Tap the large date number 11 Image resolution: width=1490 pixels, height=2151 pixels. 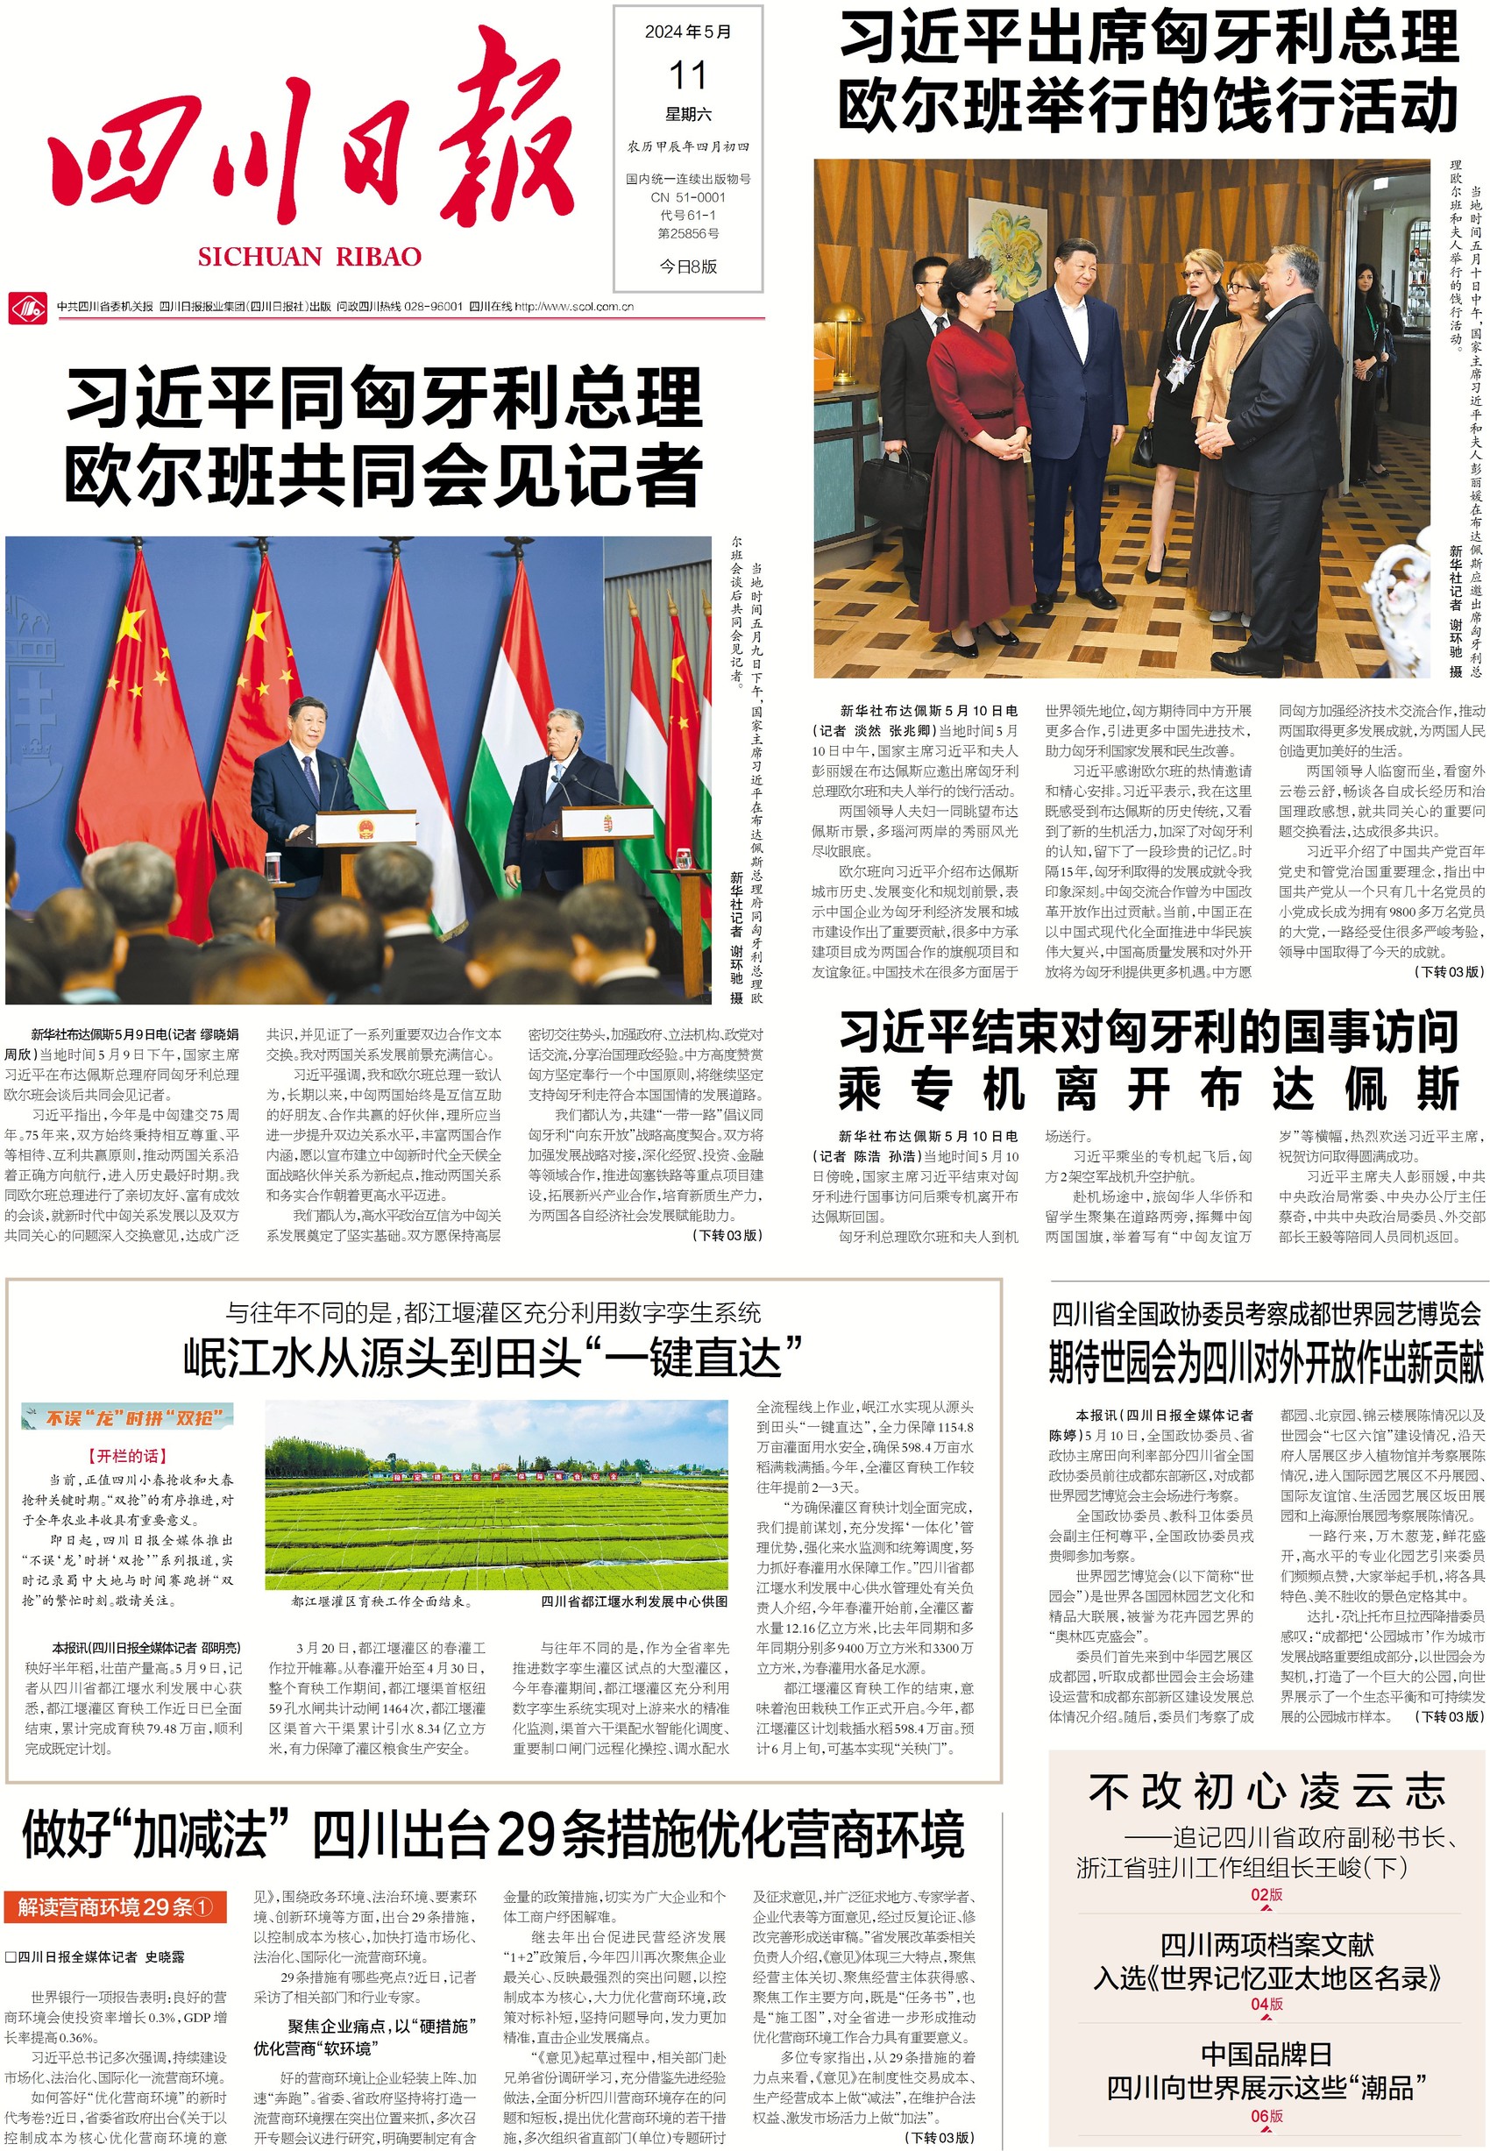click(687, 75)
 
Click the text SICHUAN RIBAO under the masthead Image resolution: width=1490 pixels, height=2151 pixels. click(309, 257)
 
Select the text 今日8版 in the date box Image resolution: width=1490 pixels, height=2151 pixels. click(688, 266)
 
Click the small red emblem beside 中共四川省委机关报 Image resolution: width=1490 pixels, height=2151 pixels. click(26, 306)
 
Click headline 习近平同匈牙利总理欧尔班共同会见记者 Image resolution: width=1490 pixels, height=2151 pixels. click(383, 437)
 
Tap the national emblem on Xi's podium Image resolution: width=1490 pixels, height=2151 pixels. click(365, 829)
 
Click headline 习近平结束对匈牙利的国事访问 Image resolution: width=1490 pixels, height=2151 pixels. click(1147, 1031)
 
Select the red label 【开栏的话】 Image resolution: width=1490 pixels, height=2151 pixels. click(128, 1454)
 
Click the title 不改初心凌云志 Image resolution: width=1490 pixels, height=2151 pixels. click(1266, 1792)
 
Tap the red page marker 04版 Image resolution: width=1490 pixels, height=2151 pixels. click(1266, 2004)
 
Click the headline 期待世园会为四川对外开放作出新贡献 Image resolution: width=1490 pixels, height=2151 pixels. click(1265, 1362)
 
